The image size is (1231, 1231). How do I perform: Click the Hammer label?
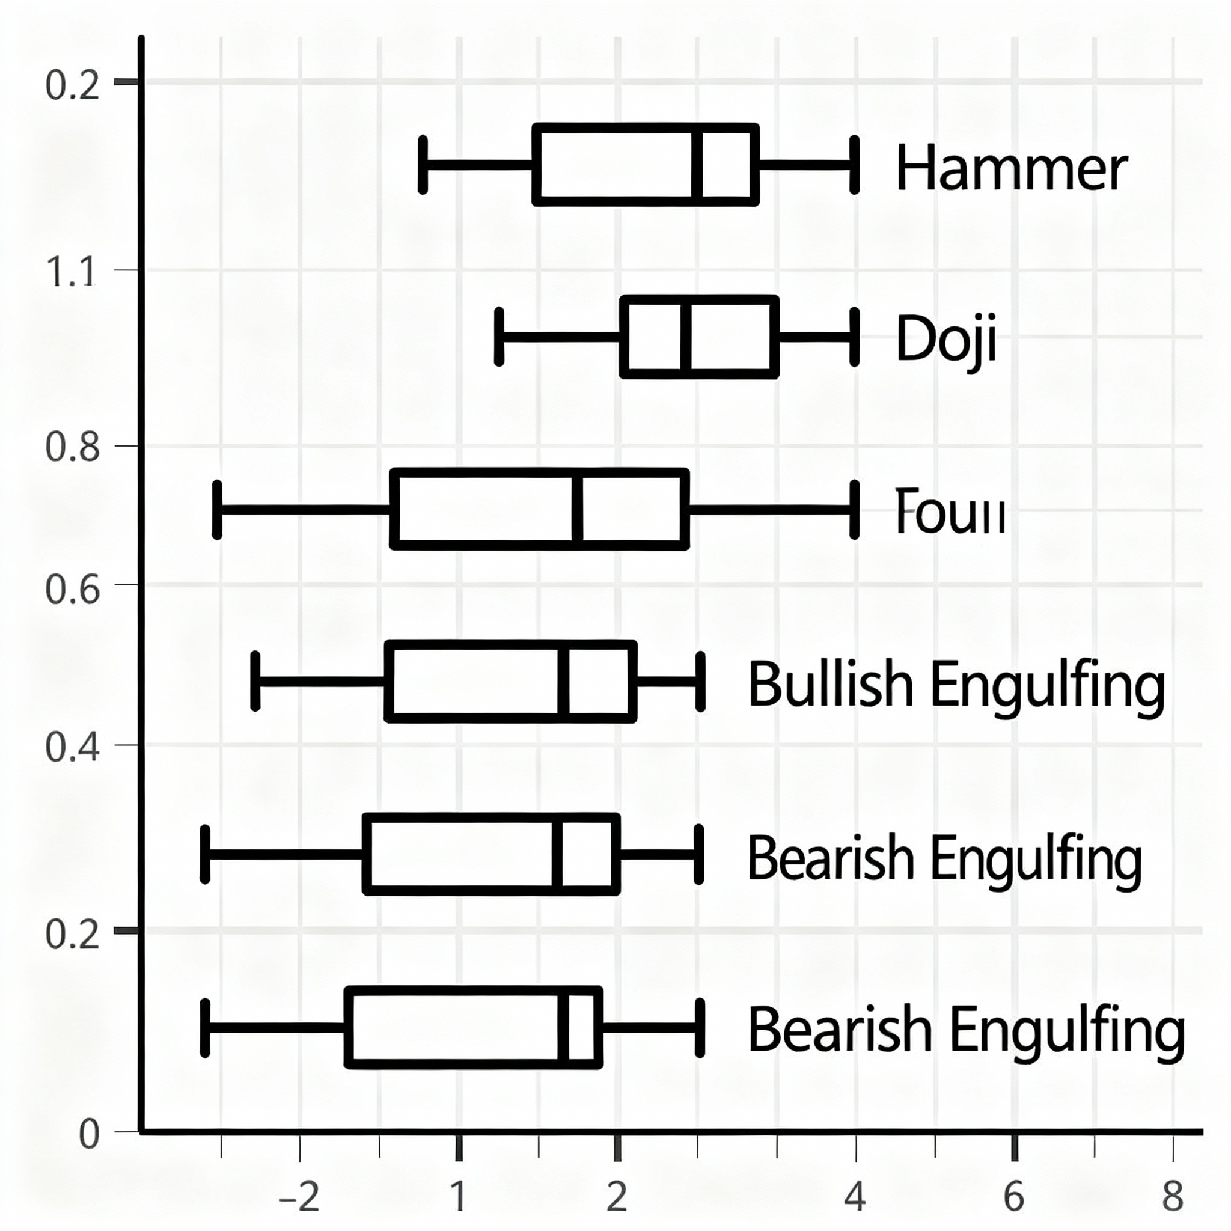pyautogui.click(x=1011, y=168)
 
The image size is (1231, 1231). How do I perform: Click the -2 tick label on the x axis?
pyautogui.click(x=299, y=1197)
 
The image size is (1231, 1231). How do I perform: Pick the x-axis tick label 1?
pyautogui.click(x=458, y=1197)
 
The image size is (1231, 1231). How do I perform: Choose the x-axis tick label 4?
pyautogui.click(x=855, y=1197)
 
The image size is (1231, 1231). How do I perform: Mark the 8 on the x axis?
pyautogui.click(x=1172, y=1197)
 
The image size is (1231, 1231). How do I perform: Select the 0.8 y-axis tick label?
pyautogui.click(x=73, y=447)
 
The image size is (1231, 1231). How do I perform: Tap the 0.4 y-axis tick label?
pyautogui.click(x=73, y=747)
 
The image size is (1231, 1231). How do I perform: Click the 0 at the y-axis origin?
pyautogui.click(x=89, y=1135)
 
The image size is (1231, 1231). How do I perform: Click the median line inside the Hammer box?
pyautogui.click(x=698, y=165)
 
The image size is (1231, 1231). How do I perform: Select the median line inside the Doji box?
pyautogui.click(x=686, y=337)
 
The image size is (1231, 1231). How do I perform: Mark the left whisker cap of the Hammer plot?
pyautogui.click(x=423, y=164)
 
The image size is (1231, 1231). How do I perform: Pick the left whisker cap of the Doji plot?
pyautogui.click(x=499, y=337)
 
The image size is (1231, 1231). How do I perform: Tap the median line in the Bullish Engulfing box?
pyautogui.click(x=563, y=681)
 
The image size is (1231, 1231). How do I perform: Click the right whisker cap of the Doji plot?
pyautogui.click(x=855, y=337)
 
